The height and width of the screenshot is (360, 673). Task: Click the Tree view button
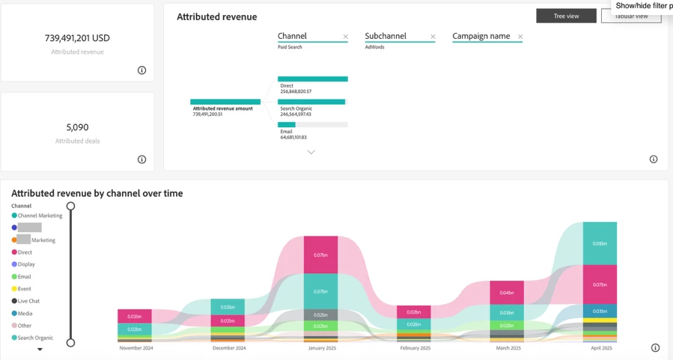click(x=566, y=16)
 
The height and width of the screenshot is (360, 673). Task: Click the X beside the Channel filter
click(x=345, y=37)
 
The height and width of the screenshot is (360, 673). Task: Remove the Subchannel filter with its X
click(x=433, y=37)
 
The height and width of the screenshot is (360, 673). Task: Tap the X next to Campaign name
click(x=520, y=37)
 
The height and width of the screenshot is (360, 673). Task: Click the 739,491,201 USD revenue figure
click(x=77, y=38)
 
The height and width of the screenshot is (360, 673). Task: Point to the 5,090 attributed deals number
click(x=77, y=127)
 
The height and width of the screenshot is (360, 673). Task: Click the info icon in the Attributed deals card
click(x=141, y=159)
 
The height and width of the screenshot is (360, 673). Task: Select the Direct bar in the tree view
click(x=312, y=79)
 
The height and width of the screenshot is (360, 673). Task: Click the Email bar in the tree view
click(x=287, y=125)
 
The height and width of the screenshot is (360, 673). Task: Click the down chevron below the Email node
click(x=311, y=152)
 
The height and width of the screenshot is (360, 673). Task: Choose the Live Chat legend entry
click(x=28, y=301)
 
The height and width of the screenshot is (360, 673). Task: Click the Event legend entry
click(x=24, y=289)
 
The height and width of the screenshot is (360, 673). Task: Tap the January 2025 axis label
click(x=321, y=348)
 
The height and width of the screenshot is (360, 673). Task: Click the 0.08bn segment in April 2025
click(x=600, y=243)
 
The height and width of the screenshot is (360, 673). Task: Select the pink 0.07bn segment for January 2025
click(x=320, y=255)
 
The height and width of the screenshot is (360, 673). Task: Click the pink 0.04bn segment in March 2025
click(x=507, y=293)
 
